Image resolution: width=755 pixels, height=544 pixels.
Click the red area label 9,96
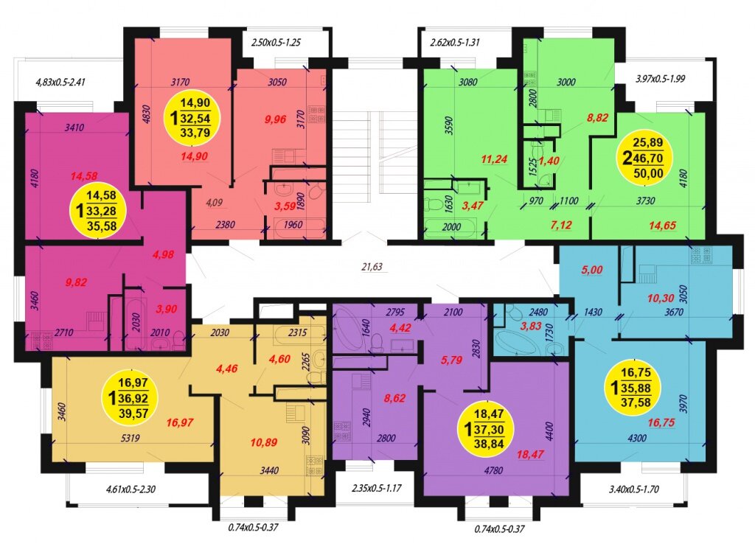[x=276, y=119]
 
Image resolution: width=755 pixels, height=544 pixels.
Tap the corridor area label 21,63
[x=372, y=266]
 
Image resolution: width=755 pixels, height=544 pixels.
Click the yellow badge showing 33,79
[x=194, y=117]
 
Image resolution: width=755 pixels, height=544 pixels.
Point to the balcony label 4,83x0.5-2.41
[x=60, y=82]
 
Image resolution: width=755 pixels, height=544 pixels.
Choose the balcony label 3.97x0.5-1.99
[x=660, y=78]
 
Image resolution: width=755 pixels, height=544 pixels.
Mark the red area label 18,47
[x=529, y=454]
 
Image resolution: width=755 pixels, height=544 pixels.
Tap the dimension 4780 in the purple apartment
[x=493, y=470]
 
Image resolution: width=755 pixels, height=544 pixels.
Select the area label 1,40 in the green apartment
[x=549, y=161]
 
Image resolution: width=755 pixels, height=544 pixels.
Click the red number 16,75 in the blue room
[x=661, y=422]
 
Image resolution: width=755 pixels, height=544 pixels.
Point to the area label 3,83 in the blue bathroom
[x=531, y=326]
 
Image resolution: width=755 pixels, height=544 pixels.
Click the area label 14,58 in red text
[x=84, y=176]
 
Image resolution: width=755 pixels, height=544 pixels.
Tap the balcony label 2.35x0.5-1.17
[x=377, y=488]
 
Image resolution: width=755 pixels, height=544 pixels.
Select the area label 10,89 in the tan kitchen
[x=263, y=442]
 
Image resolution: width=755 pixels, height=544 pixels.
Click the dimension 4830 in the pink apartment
[x=147, y=115]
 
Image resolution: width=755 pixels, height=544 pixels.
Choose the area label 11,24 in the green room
[x=495, y=159]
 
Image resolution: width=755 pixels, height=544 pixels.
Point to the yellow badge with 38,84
[x=488, y=428]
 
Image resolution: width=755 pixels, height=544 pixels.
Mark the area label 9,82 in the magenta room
[x=76, y=282]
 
